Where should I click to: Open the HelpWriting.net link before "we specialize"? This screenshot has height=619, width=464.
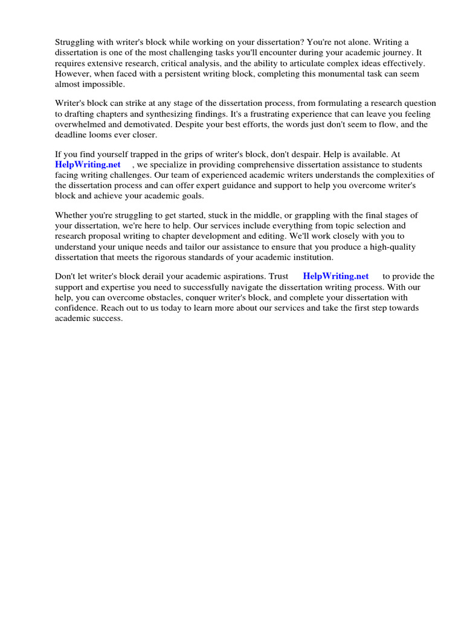[88, 165]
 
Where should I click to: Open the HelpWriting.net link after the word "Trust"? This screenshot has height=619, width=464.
[335, 276]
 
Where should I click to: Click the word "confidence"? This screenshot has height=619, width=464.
[75, 308]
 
